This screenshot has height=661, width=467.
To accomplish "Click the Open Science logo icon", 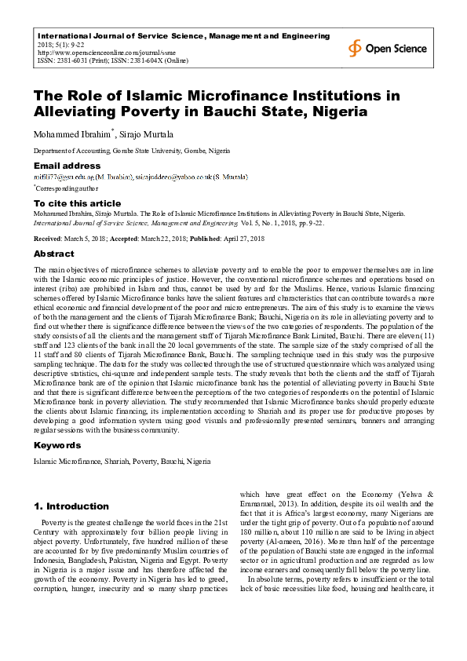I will pos(356,48).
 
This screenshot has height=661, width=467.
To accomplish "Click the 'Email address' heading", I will pos(67,166).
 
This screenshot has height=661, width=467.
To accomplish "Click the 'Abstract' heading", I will pos(53,254).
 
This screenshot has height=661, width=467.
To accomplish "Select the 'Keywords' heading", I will pos(57,445).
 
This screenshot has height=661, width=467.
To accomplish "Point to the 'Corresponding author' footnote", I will pos(66,188).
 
